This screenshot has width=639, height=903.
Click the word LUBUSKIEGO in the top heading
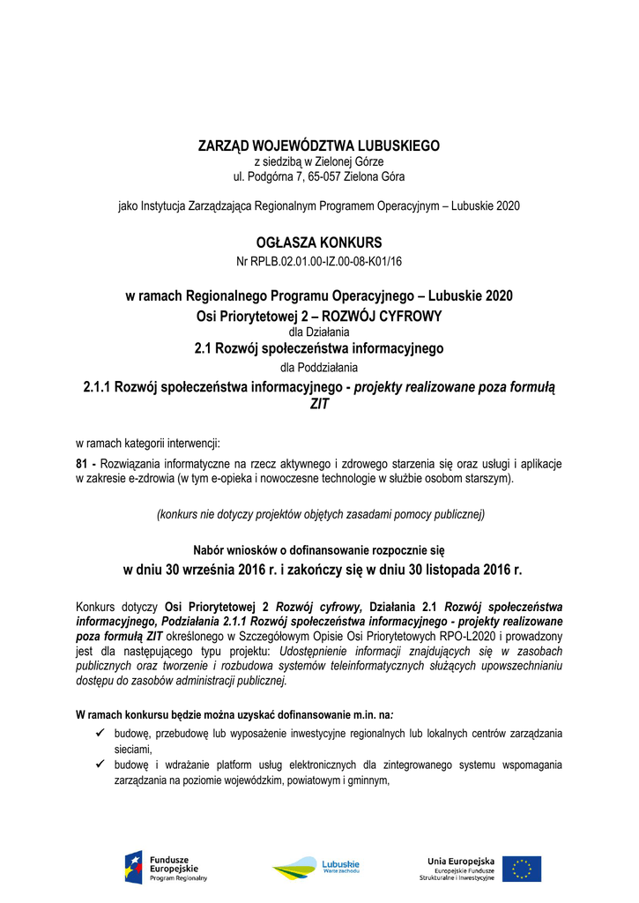click(395, 146)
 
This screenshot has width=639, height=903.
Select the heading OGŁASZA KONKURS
click(319, 242)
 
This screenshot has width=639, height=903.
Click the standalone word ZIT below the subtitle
click(319, 405)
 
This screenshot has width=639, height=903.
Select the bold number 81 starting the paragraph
click(83, 463)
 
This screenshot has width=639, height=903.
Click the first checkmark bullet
click(100, 733)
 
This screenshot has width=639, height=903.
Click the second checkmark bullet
click(100, 765)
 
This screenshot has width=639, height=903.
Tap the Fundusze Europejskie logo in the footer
click(167, 868)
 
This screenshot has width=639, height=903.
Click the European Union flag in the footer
click(523, 869)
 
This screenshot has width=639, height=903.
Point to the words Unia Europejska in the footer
click(460, 861)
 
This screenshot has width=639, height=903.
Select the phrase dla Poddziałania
click(319, 367)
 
